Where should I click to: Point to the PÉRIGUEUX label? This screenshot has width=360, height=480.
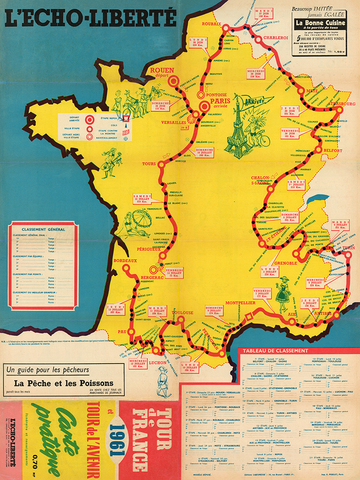coord(146,247)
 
